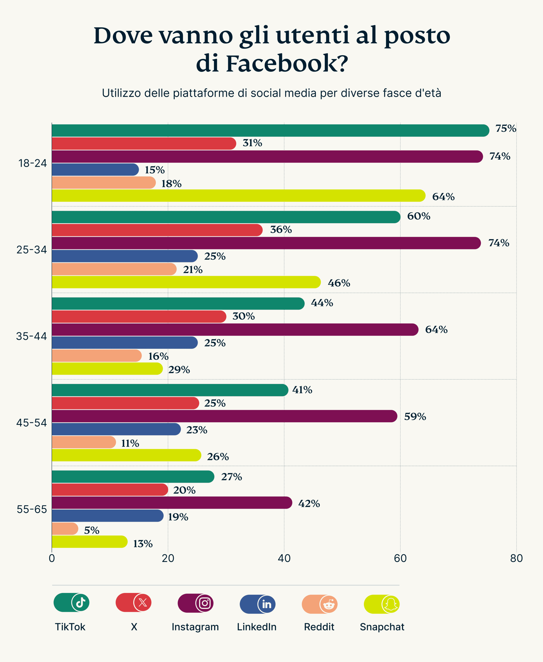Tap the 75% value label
coord(505,129)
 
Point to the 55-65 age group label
coord(32,509)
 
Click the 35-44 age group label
coord(31,336)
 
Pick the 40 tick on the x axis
coord(284,558)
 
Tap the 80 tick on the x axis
coord(516,558)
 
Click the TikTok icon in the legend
coord(80,602)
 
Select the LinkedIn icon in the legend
coord(267,604)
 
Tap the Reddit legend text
coord(319,627)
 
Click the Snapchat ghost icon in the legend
coord(391,604)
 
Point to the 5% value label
coord(92,530)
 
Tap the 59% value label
coord(415,417)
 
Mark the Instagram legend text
coord(195,627)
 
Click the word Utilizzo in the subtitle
coord(121,93)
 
